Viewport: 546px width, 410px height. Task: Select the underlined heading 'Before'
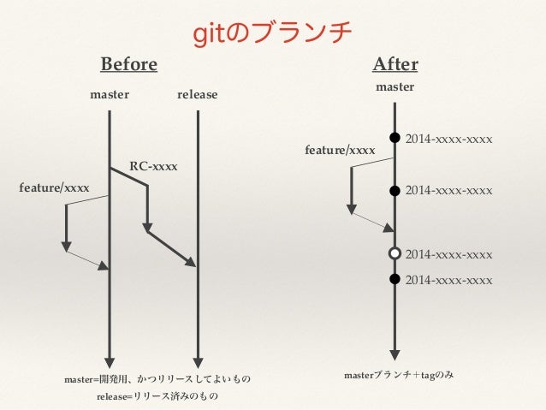tap(129, 65)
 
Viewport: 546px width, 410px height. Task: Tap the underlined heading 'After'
tap(395, 65)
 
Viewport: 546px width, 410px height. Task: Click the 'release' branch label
tap(198, 95)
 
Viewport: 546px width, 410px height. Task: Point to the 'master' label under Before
tap(110, 95)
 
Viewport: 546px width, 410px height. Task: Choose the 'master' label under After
tap(395, 87)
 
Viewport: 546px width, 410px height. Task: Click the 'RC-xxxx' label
tap(153, 165)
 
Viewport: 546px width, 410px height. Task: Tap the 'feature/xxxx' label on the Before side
tap(54, 187)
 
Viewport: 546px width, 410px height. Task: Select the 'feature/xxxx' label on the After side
tap(340, 151)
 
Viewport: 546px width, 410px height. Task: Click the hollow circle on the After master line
tap(395, 253)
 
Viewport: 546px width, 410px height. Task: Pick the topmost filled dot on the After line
tap(395, 137)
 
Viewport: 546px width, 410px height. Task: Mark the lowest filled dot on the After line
tap(395, 279)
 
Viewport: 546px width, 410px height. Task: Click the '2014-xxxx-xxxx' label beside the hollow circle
tap(448, 255)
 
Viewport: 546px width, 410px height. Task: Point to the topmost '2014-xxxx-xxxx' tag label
tap(448, 138)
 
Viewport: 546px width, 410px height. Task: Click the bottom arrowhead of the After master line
tap(395, 355)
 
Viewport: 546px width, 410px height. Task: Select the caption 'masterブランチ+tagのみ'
tap(399, 375)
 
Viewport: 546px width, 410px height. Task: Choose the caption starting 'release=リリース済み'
tap(157, 396)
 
